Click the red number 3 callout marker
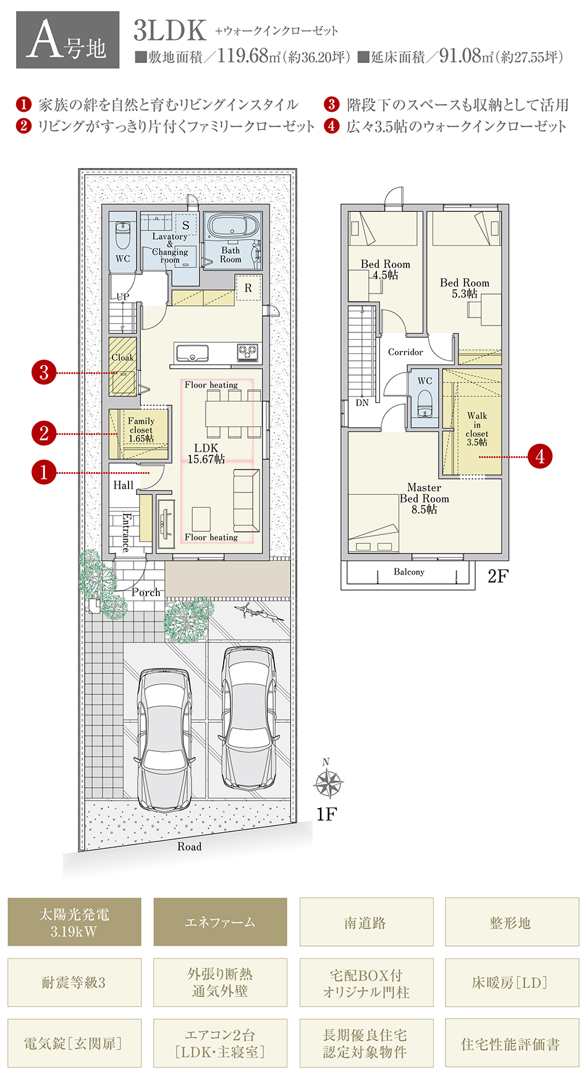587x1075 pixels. coord(44,373)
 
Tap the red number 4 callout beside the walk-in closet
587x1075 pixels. coord(540,457)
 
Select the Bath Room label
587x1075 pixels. coord(230,255)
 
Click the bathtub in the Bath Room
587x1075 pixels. coord(234,226)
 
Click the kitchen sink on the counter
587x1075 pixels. coord(192,353)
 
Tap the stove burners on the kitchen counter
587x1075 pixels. coord(248,352)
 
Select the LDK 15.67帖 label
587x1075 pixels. coord(206,453)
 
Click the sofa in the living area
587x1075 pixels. coord(246,500)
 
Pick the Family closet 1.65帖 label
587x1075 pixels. coord(141,429)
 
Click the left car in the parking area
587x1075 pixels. coord(163,740)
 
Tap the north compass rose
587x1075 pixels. coord(327,782)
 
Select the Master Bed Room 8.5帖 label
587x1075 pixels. coord(424,499)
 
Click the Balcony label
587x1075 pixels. coord(409,572)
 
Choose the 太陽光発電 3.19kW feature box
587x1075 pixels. coord(74,922)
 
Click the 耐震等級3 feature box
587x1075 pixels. coord(74,982)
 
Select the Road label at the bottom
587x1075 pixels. coord(190,846)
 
